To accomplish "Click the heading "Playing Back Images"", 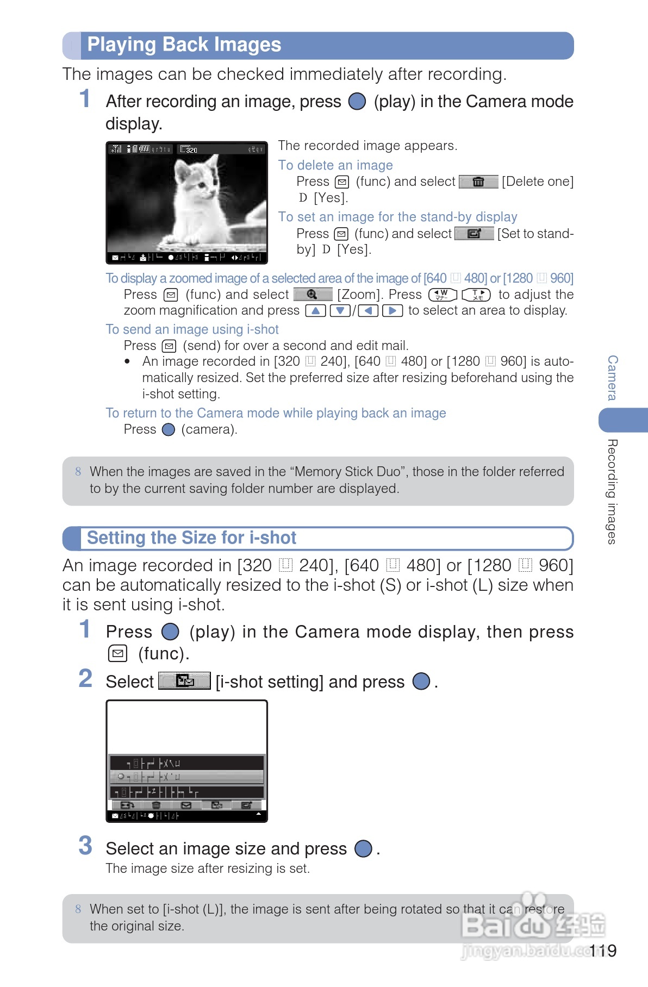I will (184, 45).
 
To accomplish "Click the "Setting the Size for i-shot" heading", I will (191, 538).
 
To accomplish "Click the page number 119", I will (603, 951).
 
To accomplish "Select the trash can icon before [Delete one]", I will (478, 182).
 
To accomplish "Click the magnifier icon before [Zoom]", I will (313, 295).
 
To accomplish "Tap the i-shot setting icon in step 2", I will (184, 681).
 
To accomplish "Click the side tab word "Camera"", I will (613, 378).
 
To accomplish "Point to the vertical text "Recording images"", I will (613, 491).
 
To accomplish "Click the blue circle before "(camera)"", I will (169, 430).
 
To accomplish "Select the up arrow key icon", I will (315, 311).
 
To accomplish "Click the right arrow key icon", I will (392, 311).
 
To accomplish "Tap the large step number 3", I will (85, 846).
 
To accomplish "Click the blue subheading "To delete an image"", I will (335, 165).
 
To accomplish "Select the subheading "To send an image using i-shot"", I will (192, 329).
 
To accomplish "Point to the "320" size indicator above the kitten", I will (191, 149).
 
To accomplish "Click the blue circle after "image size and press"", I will (363, 848).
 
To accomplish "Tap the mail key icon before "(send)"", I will (170, 346).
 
